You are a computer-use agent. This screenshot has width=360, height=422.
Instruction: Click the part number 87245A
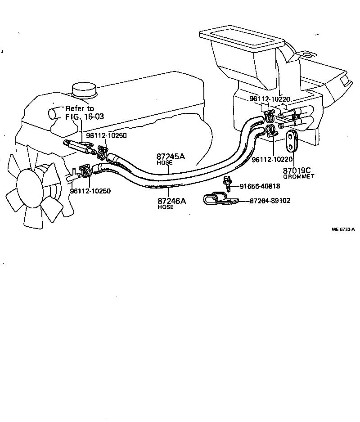[171, 157]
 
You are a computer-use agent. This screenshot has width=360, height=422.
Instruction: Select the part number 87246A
[171, 201]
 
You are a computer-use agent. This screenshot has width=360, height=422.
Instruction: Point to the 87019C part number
[297, 171]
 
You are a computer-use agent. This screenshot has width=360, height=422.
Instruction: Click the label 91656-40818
[259, 186]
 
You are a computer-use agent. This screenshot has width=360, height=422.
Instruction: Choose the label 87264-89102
[270, 201]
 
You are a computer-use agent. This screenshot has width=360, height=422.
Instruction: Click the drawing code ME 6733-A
[343, 229]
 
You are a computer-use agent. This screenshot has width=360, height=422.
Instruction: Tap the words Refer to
[80, 108]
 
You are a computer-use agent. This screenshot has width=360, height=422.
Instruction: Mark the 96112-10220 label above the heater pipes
[270, 99]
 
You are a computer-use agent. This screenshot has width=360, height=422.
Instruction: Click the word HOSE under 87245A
[164, 162]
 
